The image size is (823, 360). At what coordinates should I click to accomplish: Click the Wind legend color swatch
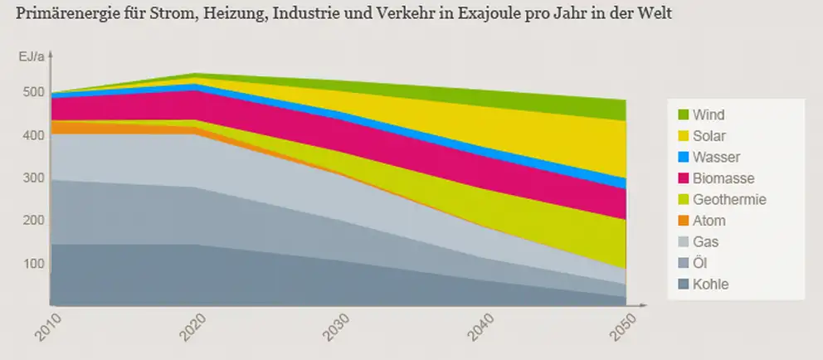tap(684, 114)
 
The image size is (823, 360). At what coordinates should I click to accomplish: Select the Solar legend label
tap(709, 136)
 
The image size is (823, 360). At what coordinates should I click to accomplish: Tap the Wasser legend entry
tap(716, 157)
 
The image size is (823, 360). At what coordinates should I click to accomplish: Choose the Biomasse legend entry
tap(723, 178)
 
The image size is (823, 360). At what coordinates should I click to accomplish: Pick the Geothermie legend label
tap(728, 200)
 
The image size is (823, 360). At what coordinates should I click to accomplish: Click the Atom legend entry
tap(709, 221)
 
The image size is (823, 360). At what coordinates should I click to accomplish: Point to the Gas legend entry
tap(705, 242)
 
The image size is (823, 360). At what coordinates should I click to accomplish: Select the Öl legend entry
tap(701, 264)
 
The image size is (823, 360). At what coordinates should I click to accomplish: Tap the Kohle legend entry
tap(711, 285)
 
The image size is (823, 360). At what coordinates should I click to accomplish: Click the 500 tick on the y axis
tap(32, 92)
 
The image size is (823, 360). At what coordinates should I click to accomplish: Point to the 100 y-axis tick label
tap(32, 264)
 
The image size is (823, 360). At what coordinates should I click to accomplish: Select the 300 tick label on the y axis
tap(32, 178)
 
